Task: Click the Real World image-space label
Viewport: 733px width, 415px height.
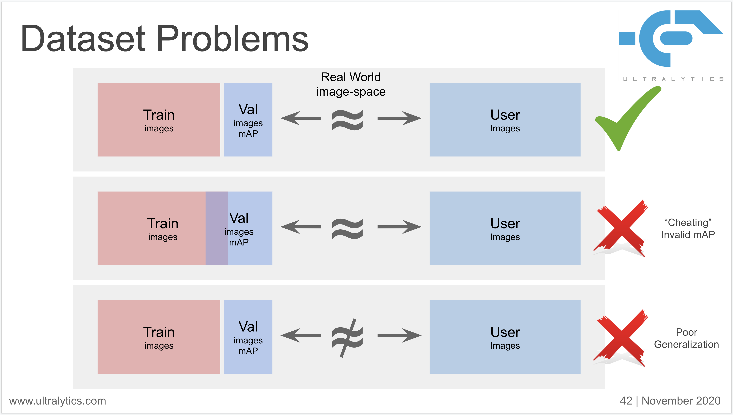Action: (351, 84)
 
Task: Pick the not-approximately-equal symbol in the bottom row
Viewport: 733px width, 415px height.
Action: (347, 338)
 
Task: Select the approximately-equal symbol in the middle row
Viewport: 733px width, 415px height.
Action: (347, 229)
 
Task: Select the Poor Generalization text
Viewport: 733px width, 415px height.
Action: (686, 338)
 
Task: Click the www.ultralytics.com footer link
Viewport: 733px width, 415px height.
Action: (57, 401)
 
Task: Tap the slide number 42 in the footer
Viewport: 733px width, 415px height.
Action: (626, 401)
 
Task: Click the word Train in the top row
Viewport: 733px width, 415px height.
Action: (159, 115)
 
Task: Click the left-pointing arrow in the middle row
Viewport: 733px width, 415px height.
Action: (300, 227)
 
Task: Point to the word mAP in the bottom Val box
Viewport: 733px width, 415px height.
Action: (248, 351)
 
